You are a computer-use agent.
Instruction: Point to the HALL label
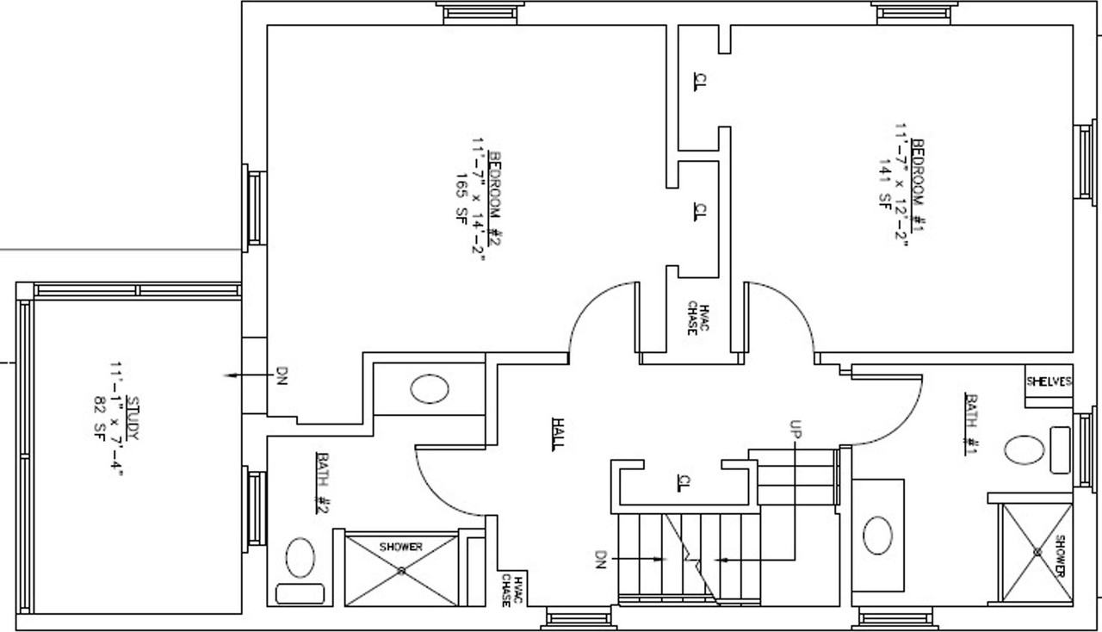point(558,435)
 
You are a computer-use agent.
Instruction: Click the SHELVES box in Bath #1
point(1049,381)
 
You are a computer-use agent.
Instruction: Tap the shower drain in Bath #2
point(401,570)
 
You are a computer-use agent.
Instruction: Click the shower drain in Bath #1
point(1037,552)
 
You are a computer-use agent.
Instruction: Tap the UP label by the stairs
point(795,429)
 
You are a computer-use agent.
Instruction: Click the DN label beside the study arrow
point(281,376)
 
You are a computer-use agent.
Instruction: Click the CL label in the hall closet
point(684,483)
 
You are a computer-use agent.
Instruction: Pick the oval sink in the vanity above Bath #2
point(430,390)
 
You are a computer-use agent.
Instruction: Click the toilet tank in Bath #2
point(300,593)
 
